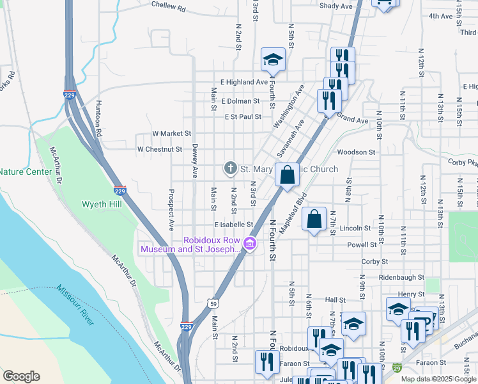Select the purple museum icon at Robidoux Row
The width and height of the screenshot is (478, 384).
pyautogui.click(x=250, y=244)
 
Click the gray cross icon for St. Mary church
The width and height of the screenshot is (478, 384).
pyautogui.click(x=230, y=168)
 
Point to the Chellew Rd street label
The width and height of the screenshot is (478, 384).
pyautogui.click(x=168, y=6)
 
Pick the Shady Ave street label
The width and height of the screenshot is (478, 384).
pyautogui.click(x=336, y=6)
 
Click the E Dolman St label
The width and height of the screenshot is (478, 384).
pyautogui.click(x=240, y=101)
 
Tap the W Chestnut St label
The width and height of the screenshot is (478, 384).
pyautogui.click(x=160, y=149)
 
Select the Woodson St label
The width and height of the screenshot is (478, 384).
pyautogui.click(x=356, y=152)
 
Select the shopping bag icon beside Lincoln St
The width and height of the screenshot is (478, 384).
pyautogui.click(x=314, y=220)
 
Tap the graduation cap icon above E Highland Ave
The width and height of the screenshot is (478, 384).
pyautogui.click(x=273, y=60)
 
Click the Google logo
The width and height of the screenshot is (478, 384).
pyautogui.click(x=21, y=376)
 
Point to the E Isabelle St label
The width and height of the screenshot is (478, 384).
pyautogui.click(x=234, y=225)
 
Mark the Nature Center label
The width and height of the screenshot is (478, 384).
pyautogui.click(x=23, y=172)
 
